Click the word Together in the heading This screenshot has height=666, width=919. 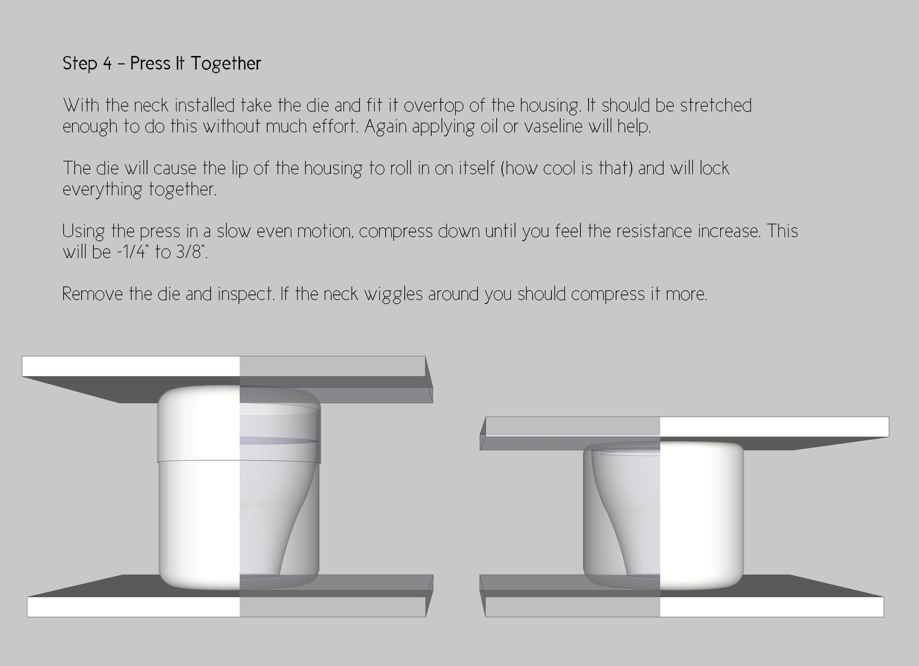click(226, 64)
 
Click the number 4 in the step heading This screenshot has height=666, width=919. click(107, 63)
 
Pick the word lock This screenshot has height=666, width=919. click(715, 168)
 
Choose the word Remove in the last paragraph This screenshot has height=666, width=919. click(93, 294)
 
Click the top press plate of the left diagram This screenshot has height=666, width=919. click(227, 379)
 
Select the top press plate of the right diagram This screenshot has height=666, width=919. click(684, 433)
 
